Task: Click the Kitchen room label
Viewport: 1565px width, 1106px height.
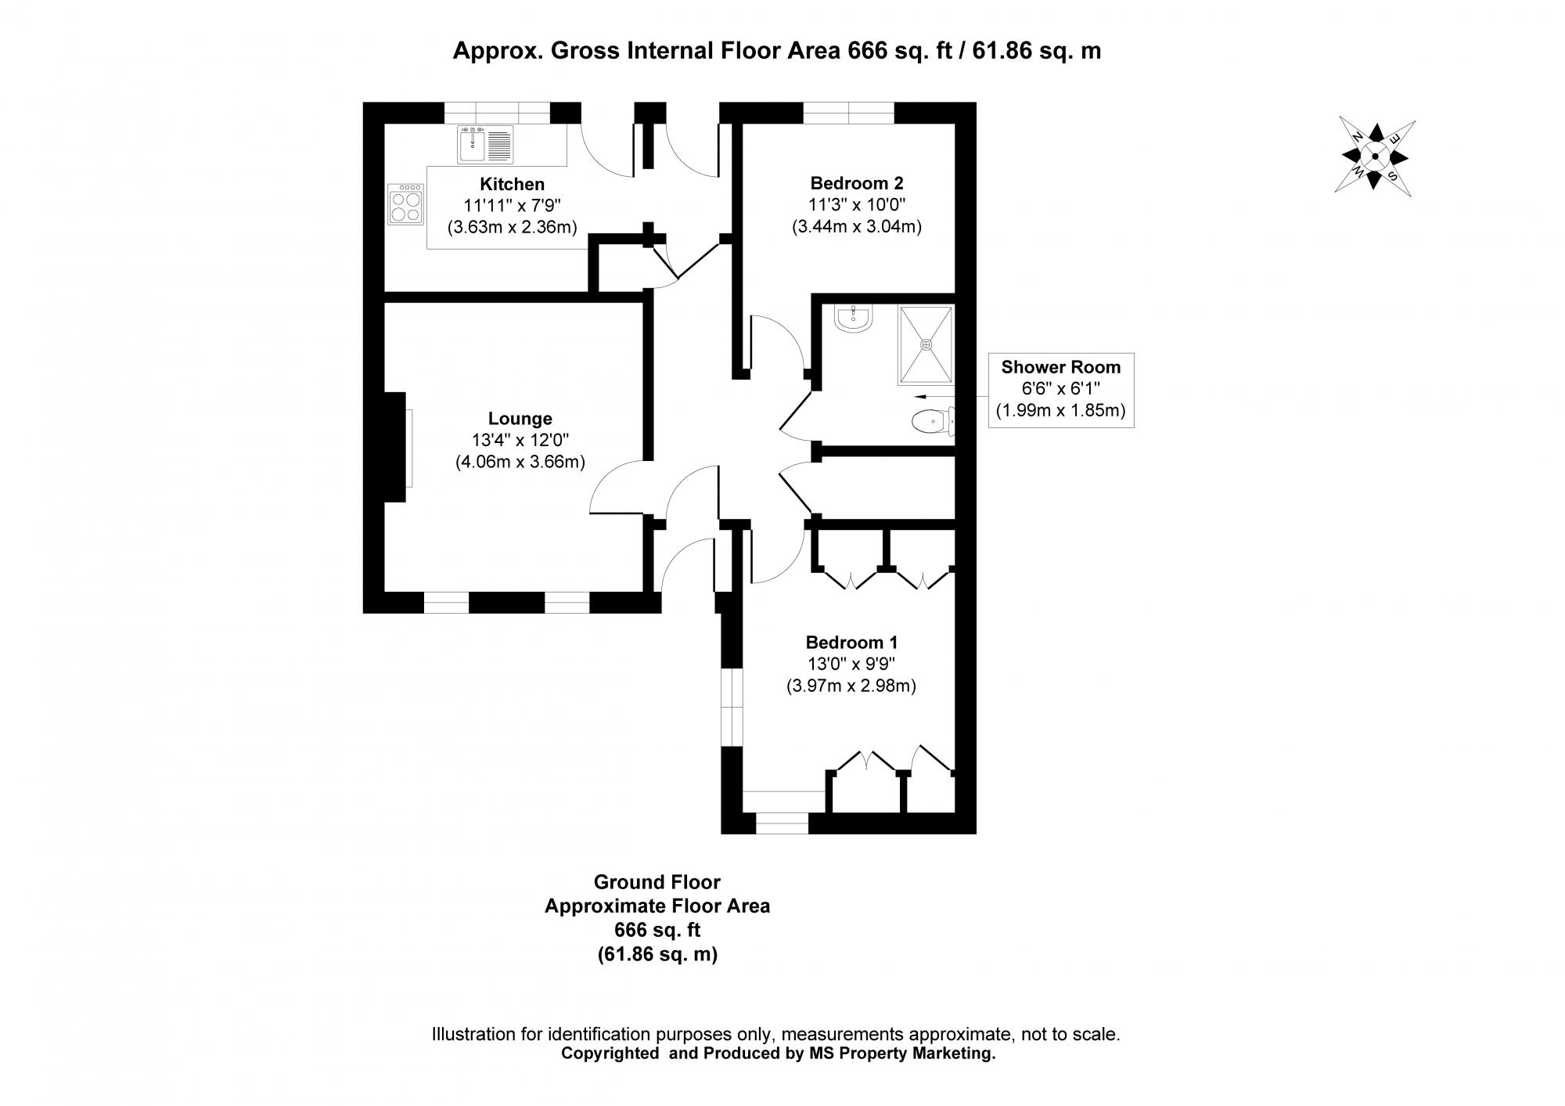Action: [512, 185]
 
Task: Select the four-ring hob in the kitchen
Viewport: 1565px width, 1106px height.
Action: [405, 204]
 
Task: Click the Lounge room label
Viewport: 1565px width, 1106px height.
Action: [520, 419]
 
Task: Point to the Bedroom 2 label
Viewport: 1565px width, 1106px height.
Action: [856, 183]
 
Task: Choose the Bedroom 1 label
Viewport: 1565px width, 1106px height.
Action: [851, 643]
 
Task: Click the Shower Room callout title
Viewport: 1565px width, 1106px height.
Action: [1060, 367]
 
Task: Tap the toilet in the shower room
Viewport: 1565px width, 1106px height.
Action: [932, 423]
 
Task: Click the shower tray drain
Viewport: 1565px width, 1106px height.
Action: [926, 344]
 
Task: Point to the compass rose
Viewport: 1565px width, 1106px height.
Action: [1375, 157]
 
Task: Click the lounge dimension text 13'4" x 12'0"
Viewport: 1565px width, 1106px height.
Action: [520, 441]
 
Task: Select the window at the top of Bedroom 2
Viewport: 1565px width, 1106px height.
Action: [848, 113]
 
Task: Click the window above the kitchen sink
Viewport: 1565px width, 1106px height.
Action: [497, 113]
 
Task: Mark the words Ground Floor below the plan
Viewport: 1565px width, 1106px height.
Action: [657, 882]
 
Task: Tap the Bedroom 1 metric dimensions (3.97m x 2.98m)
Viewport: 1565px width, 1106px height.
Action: [851, 686]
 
